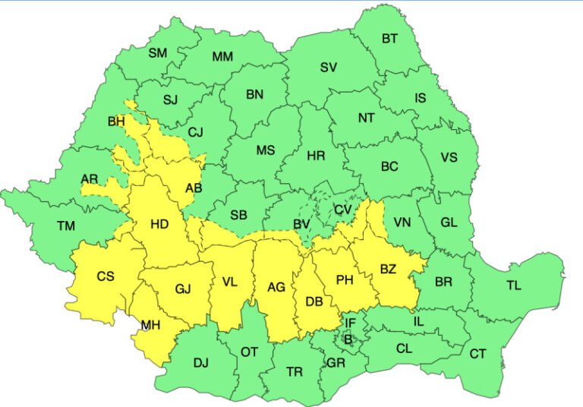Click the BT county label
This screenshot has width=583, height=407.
389,38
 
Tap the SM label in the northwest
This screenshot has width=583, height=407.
157,52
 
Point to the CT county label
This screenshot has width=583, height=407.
477,354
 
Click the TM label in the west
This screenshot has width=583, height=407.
66,226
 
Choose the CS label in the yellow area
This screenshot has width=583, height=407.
106,276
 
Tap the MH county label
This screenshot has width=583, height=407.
150,326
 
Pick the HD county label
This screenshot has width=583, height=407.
159,224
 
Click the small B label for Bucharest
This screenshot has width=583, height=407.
348,339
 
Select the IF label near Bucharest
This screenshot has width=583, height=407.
350,323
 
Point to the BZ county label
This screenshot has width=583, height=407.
389,269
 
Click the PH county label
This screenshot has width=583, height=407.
345,280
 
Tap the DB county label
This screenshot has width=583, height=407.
314,302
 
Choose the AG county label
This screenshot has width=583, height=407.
276,288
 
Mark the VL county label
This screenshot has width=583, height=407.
229,282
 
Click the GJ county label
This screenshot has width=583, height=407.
183,289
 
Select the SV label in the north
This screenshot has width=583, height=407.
328,67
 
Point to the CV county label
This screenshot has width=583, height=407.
343,210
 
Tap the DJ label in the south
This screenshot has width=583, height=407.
200,363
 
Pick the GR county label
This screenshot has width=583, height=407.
336,364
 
